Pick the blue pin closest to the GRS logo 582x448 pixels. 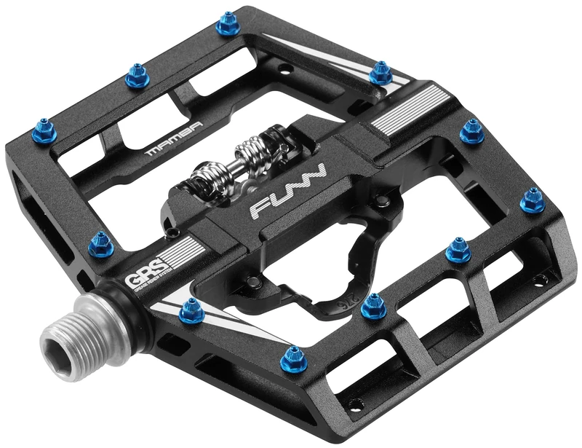(x=100, y=245)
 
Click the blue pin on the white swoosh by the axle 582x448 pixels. (x=191, y=311)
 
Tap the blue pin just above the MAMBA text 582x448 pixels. (x=137, y=76)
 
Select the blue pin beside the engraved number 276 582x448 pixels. (x=373, y=305)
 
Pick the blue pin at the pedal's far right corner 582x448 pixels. (x=533, y=200)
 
